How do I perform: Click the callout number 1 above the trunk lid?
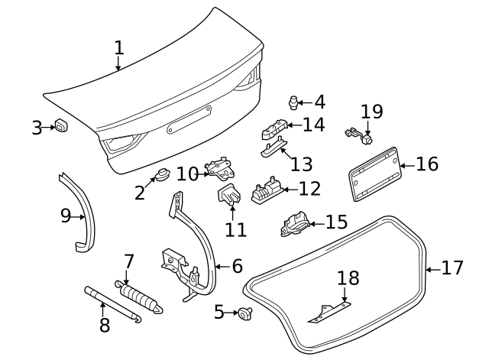pos(118,48)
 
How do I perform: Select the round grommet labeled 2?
pos(162,175)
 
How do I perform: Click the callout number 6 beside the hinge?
pos(236,266)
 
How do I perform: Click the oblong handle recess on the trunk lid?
pos(188,120)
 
